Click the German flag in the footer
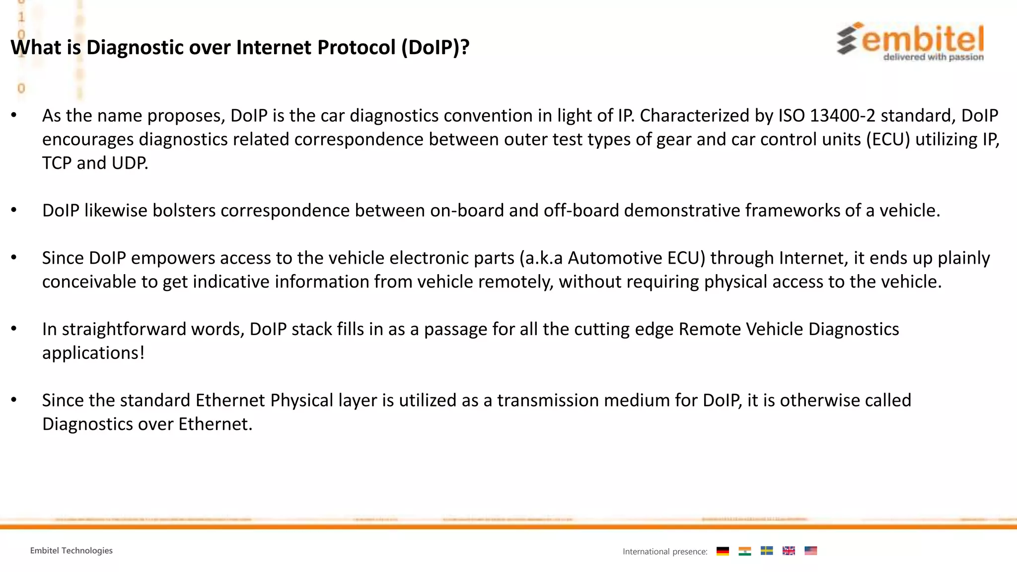(723, 551)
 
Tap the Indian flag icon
(744, 551)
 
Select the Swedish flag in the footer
(767, 551)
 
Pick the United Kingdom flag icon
(789, 551)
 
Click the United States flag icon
(810, 551)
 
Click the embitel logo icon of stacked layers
(848, 39)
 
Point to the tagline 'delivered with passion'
(933, 57)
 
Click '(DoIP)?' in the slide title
(435, 48)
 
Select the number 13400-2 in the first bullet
(842, 116)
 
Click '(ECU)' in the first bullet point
(888, 140)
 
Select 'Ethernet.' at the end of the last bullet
(215, 424)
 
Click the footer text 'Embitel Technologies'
(71, 551)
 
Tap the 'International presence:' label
(665, 552)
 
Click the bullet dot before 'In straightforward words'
(14, 329)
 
